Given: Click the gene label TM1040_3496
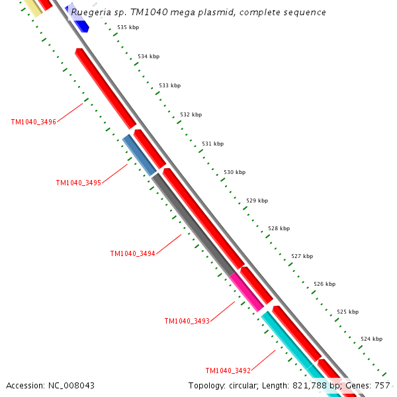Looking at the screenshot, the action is pos(33,122).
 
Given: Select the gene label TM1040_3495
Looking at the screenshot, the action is pos(78,183).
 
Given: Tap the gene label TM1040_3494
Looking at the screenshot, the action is pos(132,253).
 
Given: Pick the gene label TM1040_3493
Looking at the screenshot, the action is pos(187,321).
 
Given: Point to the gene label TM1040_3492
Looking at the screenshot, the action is pos(228,371).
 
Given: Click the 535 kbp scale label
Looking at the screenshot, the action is pos(128,27).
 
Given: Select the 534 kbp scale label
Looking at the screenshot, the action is pos(148,56).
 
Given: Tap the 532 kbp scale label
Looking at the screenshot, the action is pos(191,114).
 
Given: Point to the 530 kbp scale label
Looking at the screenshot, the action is pos(234,172).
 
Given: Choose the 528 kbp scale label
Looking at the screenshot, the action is pos(279,228).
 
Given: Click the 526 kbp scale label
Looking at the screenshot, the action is pos(324,284).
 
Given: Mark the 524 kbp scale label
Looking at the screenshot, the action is pos(371,339).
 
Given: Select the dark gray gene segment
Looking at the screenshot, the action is pos(193,224).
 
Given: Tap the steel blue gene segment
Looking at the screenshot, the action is pos(140,155).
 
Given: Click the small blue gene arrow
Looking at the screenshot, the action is pos(81,26).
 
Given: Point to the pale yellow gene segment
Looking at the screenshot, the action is pos(32,7).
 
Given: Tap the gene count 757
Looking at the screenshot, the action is pos(382,385).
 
